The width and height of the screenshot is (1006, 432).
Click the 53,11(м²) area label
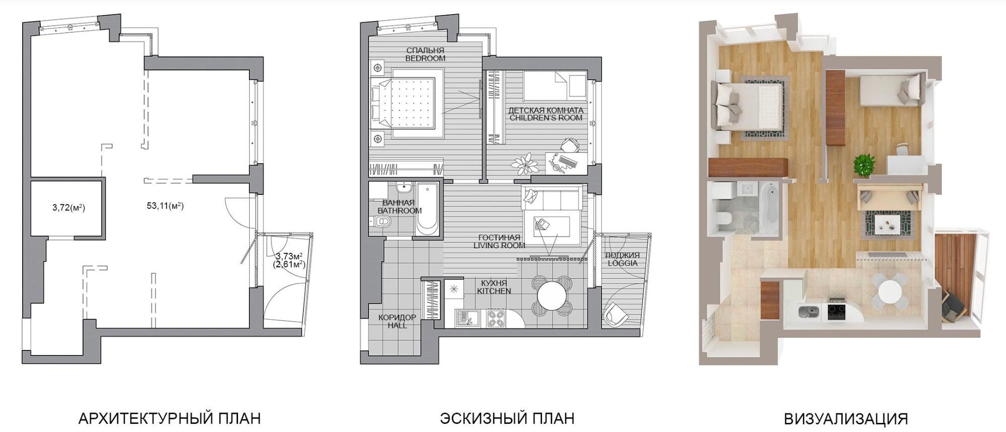[x=165, y=205]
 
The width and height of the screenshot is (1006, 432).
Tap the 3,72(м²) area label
[x=68, y=207]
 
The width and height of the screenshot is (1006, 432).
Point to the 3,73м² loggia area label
[x=289, y=256]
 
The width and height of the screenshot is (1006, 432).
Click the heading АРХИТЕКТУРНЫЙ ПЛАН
[x=170, y=418]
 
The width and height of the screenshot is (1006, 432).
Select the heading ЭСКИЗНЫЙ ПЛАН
[x=507, y=418]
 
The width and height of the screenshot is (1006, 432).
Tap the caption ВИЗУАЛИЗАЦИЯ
[x=845, y=418]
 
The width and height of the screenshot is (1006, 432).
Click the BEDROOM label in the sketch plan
[x=425, y=58]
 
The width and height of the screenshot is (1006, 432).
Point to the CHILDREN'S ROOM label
[x=546, y=118]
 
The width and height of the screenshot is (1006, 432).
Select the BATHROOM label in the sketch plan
[x=400, y=210]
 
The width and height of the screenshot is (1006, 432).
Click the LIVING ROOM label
[x=499, y=246]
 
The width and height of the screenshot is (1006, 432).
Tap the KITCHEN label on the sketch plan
[x=494, y=291]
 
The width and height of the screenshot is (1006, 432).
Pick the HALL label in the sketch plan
[x=397, y=325]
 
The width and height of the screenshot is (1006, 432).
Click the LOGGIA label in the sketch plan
[x=623, y=263]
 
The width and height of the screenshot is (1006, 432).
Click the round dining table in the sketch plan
[x=552, y=297]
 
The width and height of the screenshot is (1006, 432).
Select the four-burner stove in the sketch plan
[x=496, y=319]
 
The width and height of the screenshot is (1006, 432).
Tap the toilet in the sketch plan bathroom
[x=380, y=222]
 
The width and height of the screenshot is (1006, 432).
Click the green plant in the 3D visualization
[x=864, y=165]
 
